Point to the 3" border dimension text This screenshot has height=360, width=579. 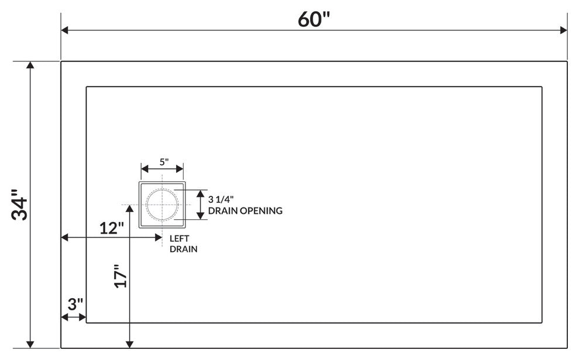[x=75, y=304]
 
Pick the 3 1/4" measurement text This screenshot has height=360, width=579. [x=228, y=200]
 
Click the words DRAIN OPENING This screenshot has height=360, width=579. [x=245, y=210]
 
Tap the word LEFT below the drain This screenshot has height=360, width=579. [x=179, y=238]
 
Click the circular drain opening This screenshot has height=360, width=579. [x=162, y=205]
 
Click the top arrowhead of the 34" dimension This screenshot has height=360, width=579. [x=30, y=65]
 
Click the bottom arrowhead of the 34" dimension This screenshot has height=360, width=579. [x=30, y=344]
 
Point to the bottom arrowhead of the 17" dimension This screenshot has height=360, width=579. [x=130, y=344]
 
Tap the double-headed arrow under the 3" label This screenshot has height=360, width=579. [x=74, y=317]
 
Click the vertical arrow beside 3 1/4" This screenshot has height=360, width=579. [x=200, y=205]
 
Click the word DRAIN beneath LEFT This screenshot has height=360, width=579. [x=183, y=249]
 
